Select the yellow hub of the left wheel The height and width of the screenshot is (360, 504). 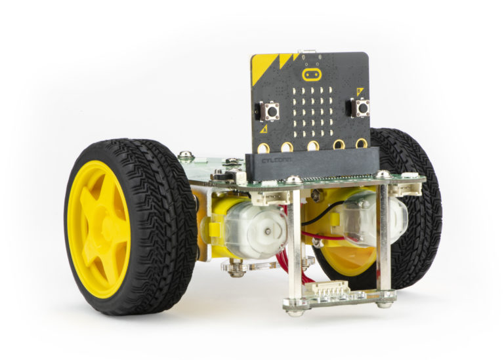tap(98, 220)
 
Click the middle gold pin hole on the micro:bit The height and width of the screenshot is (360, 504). tap(313, 144)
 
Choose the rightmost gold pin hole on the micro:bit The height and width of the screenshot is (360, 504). tap(360, 142)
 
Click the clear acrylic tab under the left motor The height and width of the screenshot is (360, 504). tap(253, 266)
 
